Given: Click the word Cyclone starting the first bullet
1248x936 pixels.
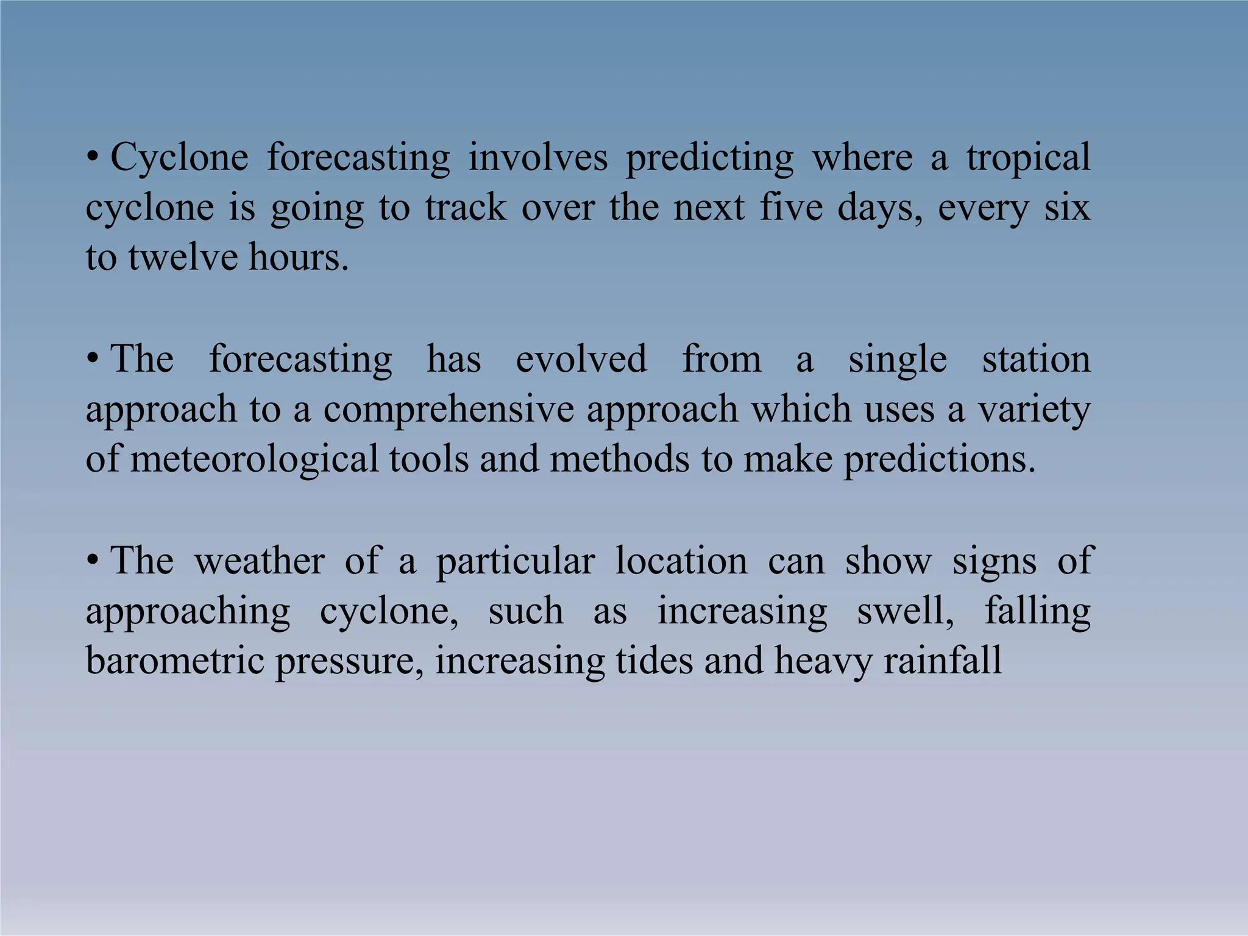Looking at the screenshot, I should click(x=179, y=158).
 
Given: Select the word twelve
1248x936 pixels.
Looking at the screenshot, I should click(x=182, y=257).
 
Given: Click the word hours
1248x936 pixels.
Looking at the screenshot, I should click(x=299, y=257).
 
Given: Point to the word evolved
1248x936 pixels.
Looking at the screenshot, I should click(x=581, y=359).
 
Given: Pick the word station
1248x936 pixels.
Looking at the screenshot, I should click(x=1036, y=359).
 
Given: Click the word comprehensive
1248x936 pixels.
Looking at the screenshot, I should click(x=448, y=409).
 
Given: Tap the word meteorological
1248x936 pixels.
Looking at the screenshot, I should click(x=254, y=459).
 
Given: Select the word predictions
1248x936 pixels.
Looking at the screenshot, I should click(x=939, y=460).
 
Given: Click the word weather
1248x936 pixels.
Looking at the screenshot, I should click(x=259, y=561).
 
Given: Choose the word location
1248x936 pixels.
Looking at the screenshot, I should click(x=681, y=561).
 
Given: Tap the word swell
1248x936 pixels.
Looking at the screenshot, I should click(x=905, y=611).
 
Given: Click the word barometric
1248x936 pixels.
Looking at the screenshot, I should click(x=175, y=661).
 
